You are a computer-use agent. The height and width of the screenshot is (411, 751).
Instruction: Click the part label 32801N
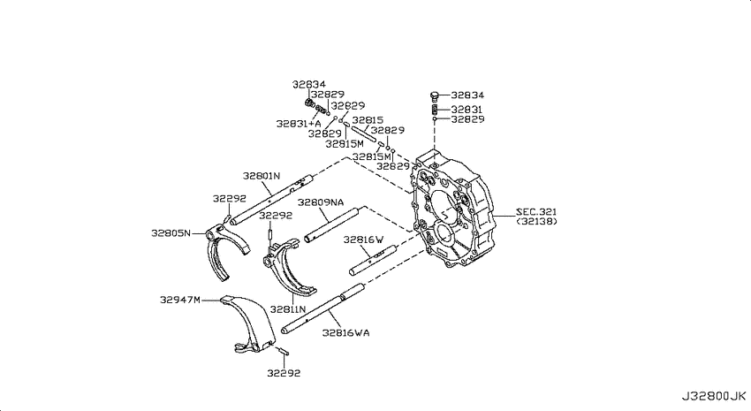click(261, 176)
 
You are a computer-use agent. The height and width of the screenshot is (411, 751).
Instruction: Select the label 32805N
click(171, 233)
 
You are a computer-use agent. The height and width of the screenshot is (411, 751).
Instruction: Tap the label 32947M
click(180, 300)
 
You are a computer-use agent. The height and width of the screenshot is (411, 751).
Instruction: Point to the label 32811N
click(288, 309)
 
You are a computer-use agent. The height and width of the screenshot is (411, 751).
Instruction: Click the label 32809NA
click(321, 202)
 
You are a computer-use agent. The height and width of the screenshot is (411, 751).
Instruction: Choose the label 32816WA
click(345, 332)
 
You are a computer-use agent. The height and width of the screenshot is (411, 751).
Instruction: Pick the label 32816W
click(363, 240)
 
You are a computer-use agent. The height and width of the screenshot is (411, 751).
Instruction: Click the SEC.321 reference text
click(536, 212)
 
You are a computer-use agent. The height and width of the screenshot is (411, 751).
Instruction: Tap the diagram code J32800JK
click(714, 397)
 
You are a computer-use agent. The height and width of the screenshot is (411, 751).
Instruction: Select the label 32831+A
click(299, 124)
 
